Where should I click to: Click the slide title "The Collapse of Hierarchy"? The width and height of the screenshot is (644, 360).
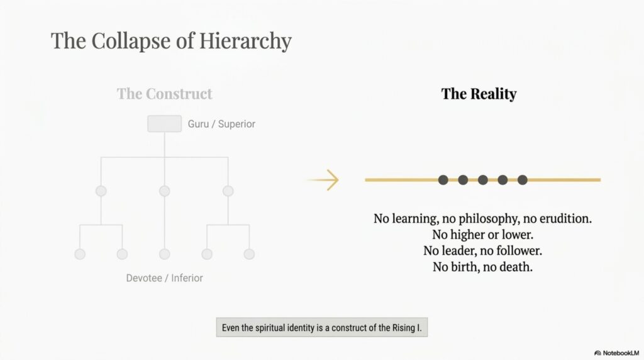coord(171,41)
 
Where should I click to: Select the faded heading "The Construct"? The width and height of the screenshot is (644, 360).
coord(164,94)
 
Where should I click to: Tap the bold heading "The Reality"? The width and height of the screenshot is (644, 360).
coord(479,94)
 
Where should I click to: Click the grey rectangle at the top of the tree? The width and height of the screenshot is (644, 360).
coord(165,124)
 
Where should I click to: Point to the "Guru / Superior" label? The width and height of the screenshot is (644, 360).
coord(221,124)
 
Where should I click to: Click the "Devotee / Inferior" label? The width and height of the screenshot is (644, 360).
coord(164,278)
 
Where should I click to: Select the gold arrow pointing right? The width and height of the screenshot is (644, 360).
coord(323,180)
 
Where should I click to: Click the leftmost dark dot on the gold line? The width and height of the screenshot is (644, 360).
coord(443,180)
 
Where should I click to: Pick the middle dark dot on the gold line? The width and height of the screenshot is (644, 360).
coord(483,180)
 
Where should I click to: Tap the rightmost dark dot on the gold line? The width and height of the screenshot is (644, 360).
coord(523,180)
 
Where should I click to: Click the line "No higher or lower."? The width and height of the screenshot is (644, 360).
coord(482,235)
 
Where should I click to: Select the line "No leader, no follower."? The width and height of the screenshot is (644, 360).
coord(482,250)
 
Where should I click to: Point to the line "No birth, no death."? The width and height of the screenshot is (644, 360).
coord(482,267)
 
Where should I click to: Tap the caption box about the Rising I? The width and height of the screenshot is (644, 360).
coord(322,327)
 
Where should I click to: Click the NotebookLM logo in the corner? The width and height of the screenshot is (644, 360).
coord(616,353)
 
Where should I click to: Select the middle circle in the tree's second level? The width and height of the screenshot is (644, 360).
coord(165,191)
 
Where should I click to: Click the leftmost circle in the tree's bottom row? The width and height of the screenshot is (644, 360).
coord(80,254)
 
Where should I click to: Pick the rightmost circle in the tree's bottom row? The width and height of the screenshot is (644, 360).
coord(249,254)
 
